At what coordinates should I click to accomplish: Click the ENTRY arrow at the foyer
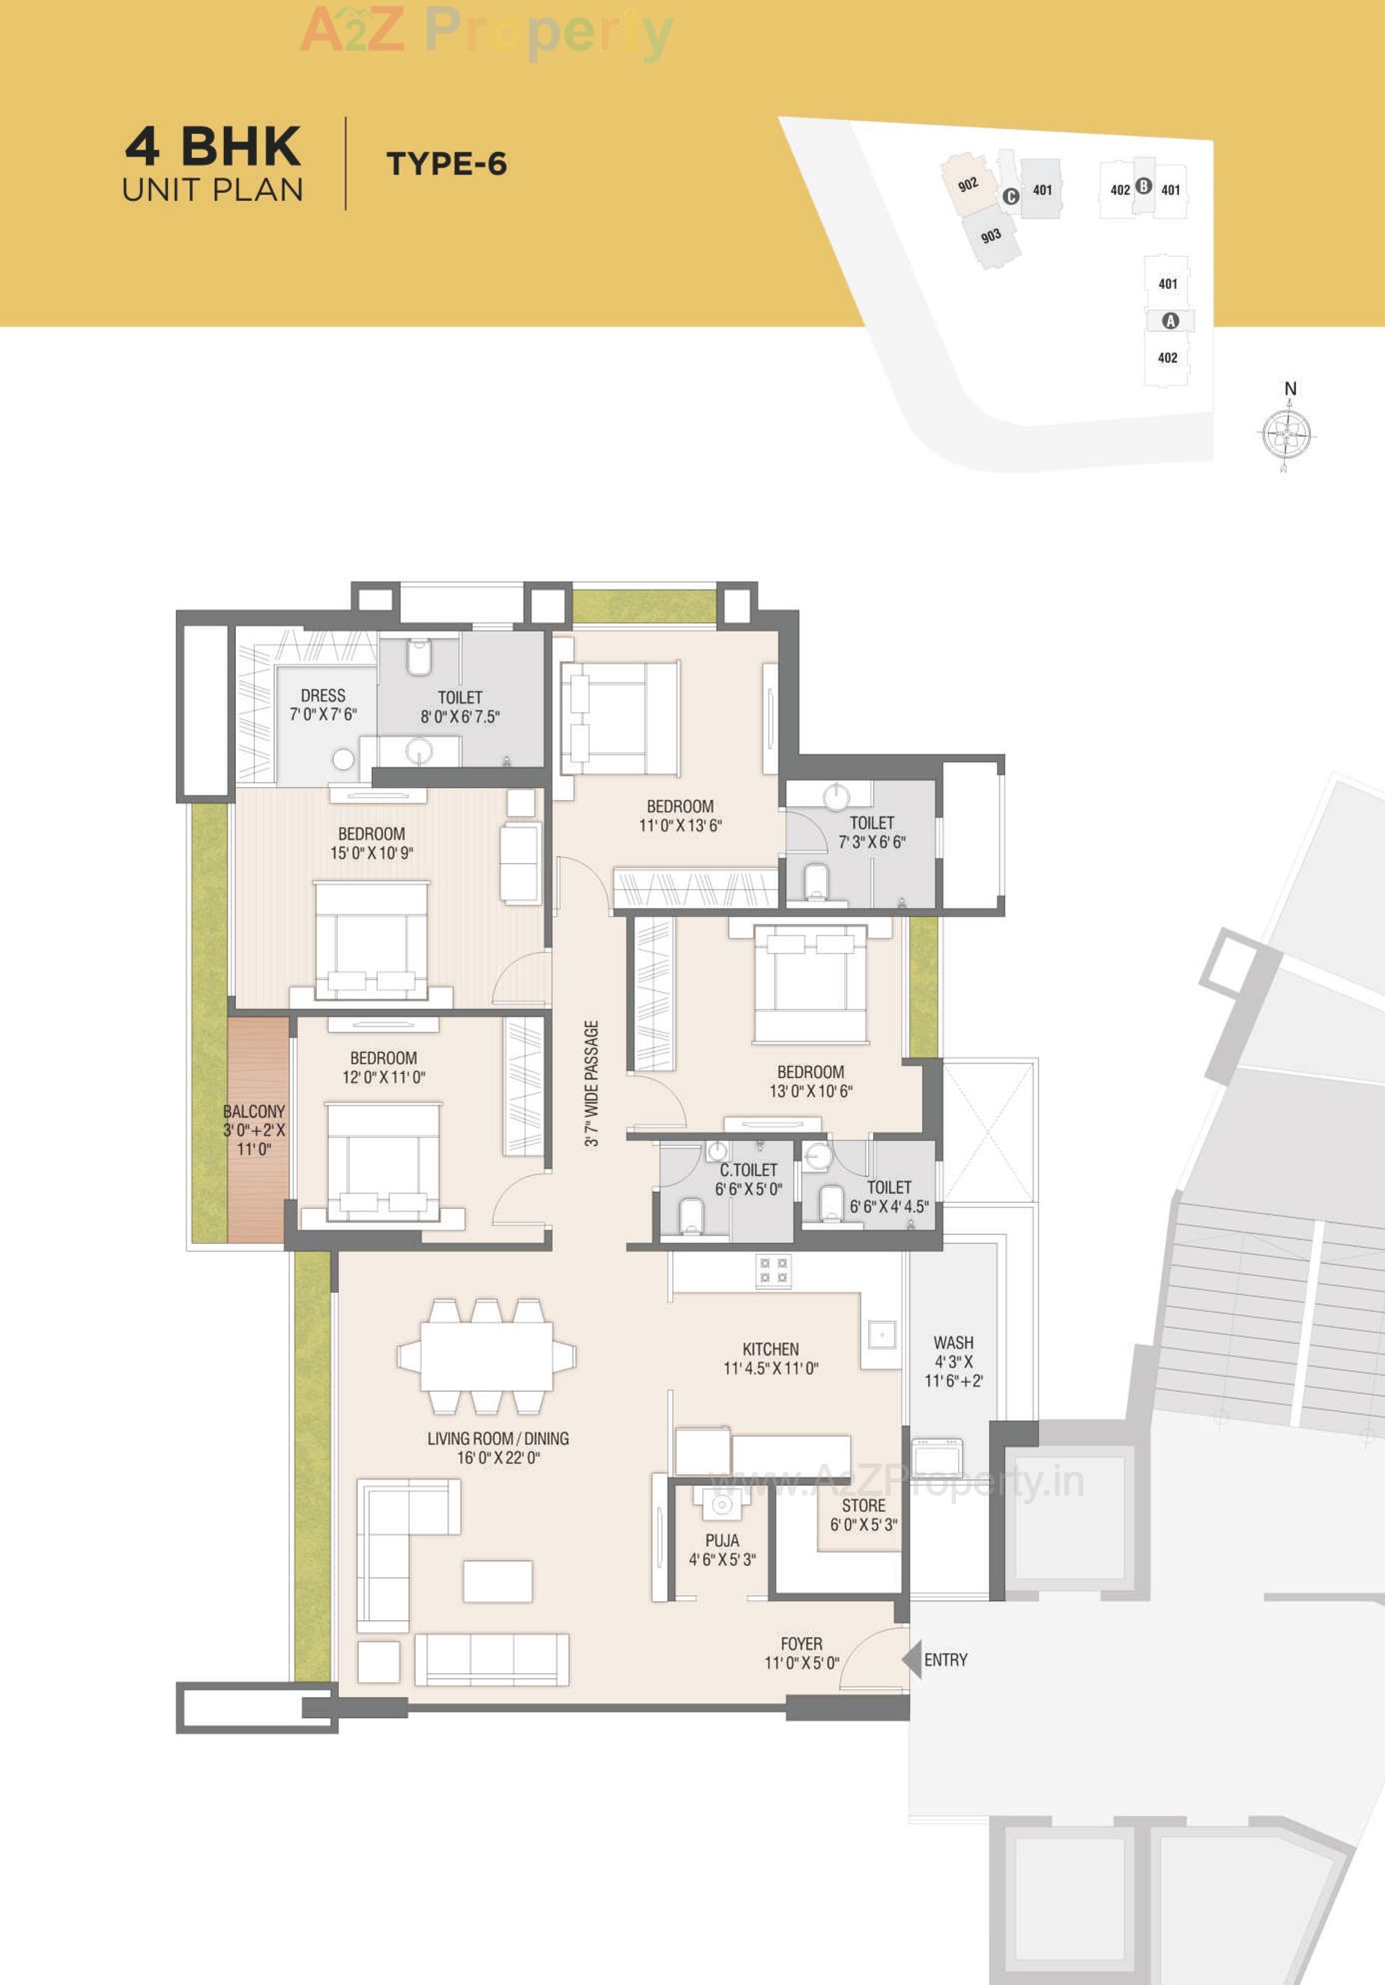tap(912, 1660)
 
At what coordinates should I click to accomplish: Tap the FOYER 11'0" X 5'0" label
tap(801, 1653)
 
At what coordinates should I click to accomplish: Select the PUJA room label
tap(722, 1550)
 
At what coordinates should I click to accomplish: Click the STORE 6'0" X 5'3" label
tap(863, 1515)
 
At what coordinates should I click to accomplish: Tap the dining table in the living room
tap(487, 1356)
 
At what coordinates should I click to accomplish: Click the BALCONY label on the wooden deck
tap(253, 1129)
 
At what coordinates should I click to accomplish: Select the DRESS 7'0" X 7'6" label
tap(323, 705)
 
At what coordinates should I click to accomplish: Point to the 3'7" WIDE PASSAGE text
tap(591, 1083)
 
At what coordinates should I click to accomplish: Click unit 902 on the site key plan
tap(968, 184)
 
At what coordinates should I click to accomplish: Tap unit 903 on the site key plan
tap(991, 235)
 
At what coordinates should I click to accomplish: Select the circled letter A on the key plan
tap(1170, 321)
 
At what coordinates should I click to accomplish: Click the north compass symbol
tap(1285, 431)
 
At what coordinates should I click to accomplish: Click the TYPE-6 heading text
tap(446, 163)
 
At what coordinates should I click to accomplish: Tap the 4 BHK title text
tap(213, 146)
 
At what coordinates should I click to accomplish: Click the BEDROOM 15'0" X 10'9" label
tap(371, 843)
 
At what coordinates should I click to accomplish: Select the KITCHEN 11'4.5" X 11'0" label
tap(770, 1358)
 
